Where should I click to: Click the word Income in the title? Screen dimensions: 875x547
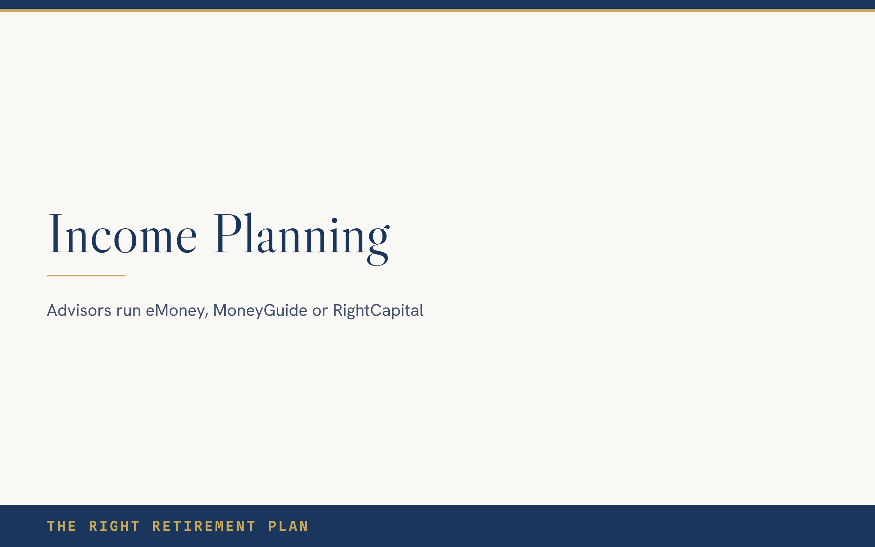(x=122, y=233)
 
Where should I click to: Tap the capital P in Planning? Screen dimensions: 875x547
(x=227, y=233)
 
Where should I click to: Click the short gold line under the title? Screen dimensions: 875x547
(x=86, y=276)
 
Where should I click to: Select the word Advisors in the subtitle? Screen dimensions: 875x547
(x=79, y=310)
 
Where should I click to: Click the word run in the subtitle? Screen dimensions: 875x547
(x=128, y=312)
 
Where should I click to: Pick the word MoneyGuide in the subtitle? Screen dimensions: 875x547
(x=260, y=311)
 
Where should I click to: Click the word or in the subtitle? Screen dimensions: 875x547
(x=320, y=312)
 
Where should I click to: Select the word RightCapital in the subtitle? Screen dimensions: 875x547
(x=378, y=311)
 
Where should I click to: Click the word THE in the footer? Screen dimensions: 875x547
(x=62, y=526)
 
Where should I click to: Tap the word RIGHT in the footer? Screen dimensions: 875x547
(x=114, y=526)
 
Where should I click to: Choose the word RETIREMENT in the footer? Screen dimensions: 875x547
(x=203, y=526)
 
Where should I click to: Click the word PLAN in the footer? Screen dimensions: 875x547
(x=288, y=526)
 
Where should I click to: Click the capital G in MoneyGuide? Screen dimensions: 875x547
(x=270, y=310)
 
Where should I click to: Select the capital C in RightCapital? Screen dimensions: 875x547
(x=376, y=310)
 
